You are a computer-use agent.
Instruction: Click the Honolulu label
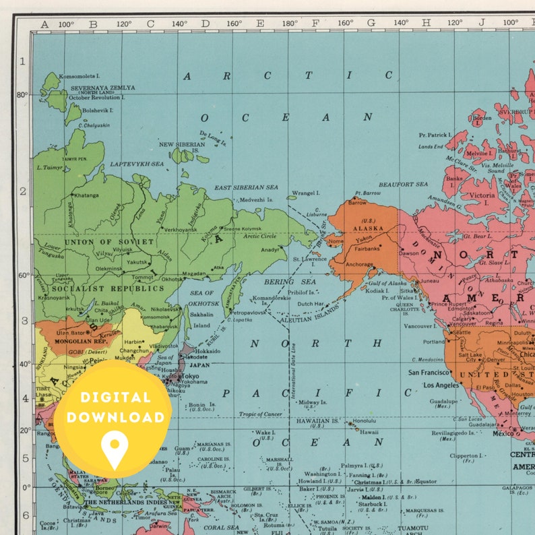point(365,422)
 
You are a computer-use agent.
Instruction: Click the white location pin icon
point(115,449)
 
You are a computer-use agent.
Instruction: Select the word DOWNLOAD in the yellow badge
point(115,418)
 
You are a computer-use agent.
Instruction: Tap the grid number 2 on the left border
point(22,191)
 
